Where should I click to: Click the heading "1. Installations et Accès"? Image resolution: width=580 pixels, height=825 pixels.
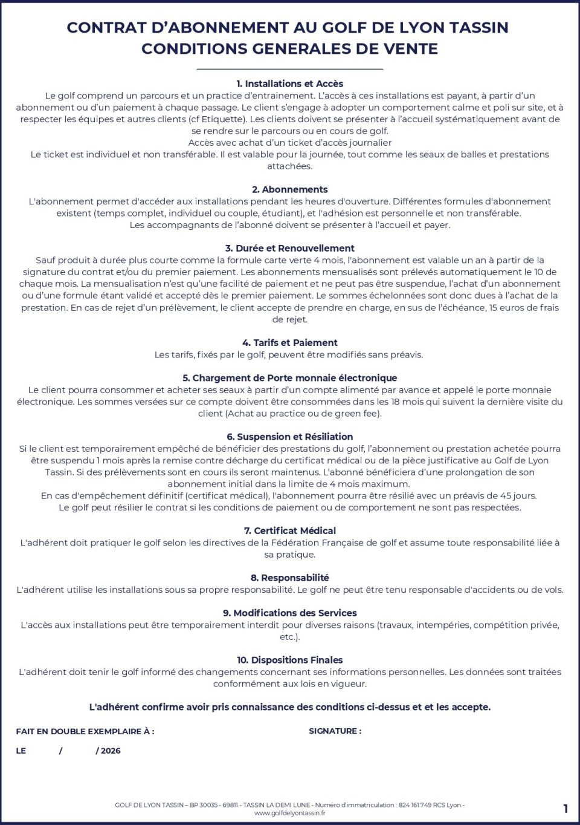pos(290,83)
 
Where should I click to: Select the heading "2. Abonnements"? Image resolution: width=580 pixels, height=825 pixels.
pos(290,189)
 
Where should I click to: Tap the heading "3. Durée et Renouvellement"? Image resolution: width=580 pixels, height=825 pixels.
pos(290,248)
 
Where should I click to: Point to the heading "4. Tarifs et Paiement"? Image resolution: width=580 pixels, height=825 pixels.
pos(290,342)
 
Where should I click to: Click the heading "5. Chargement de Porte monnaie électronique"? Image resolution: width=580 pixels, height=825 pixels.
pos(290,378)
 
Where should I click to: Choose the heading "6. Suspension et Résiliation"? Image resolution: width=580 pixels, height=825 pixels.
pos(290,437)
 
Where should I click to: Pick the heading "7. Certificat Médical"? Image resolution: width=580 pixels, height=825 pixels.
pos(290,530)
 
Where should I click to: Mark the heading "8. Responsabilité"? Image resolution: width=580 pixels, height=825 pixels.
pos(290,578)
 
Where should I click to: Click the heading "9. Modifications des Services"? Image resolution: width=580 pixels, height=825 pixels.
pos(290,613)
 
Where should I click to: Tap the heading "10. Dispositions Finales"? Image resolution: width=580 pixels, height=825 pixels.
pos(290,660)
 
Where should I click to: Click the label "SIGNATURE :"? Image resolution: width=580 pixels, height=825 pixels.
pos(335,731)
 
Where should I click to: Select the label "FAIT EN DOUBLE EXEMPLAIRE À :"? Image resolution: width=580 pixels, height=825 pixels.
pos(85,731)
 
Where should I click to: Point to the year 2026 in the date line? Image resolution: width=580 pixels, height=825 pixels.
pos(111,751)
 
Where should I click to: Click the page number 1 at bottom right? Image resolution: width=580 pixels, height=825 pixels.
pos(565,809)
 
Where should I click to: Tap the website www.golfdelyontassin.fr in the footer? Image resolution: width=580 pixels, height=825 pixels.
pos(290,813)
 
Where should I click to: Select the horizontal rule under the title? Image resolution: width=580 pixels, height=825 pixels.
pos(290,70)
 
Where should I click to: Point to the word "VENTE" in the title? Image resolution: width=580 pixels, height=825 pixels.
pos(409,48)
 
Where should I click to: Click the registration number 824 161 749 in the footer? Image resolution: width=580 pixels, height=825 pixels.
pos(415,805)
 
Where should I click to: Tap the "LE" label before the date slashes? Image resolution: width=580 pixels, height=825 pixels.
pos(21,751)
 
